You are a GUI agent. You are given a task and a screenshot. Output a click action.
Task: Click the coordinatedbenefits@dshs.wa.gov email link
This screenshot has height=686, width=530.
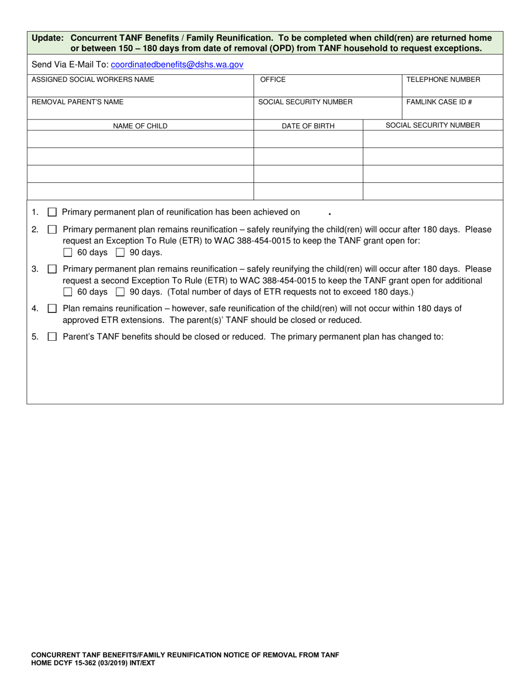click(x=177, y=65)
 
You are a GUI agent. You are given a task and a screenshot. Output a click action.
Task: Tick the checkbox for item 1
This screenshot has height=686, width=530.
click(x=52, y=212)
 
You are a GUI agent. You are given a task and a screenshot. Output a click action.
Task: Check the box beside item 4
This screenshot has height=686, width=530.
click(x=52, y=309)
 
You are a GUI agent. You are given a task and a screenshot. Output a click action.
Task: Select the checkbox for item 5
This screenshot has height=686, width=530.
click(x=52, y=337)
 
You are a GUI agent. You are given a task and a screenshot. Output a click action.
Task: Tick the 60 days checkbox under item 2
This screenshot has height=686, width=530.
click(x=68, y=253)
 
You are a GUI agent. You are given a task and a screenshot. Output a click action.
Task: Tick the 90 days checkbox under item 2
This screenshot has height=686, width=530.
click(x=120, y=253)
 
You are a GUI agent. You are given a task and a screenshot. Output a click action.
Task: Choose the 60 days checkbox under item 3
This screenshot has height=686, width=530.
click(x=68, y=292)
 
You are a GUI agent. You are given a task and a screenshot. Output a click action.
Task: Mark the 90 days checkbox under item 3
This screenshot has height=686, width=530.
click(x=120, y=292)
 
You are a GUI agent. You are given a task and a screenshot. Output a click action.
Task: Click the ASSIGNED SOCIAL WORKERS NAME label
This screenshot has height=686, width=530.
click(x=93, y=80)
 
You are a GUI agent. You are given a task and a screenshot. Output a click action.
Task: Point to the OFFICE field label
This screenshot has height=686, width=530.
click(x=272, y=80)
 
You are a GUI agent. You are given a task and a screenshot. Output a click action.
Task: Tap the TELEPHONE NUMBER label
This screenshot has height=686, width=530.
click(x=443, y=80)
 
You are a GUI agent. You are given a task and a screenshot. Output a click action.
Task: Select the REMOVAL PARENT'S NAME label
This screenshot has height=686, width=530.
click(x=78, y=102)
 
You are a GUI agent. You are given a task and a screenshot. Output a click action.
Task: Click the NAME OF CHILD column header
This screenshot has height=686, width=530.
click(x=140, y=126)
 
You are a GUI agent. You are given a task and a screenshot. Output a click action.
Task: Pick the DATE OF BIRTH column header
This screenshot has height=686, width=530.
click(x=308, y=126)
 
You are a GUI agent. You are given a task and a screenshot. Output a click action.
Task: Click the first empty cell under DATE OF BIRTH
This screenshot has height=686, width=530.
click(x=308, y=139)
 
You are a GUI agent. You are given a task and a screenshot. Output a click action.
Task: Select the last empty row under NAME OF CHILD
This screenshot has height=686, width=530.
click(x=140, y=191)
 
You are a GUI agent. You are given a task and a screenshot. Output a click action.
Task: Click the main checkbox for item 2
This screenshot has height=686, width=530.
click(x=52, y=230)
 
